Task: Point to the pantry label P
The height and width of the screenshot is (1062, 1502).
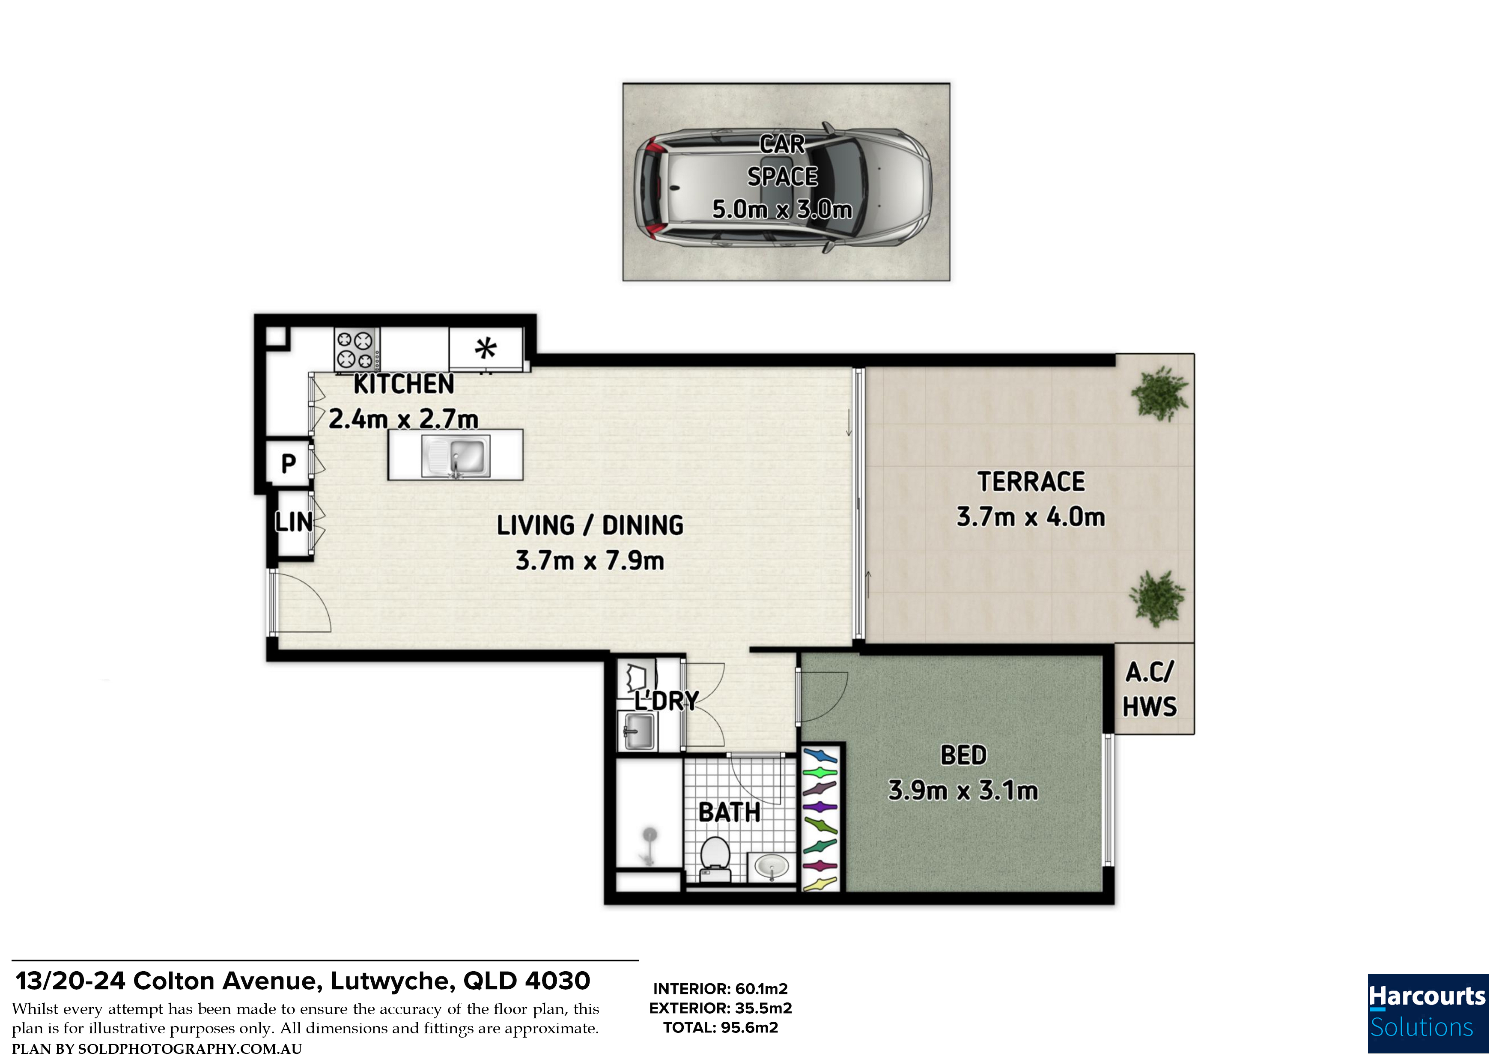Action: click(289, 463)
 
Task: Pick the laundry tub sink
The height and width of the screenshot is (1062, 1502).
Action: click(638, 731)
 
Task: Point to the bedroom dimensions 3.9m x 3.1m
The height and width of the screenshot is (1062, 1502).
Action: click(963, 791)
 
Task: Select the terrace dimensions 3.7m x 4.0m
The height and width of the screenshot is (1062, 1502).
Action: click(1030, 517)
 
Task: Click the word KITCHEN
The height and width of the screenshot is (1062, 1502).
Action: click(404, 384)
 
